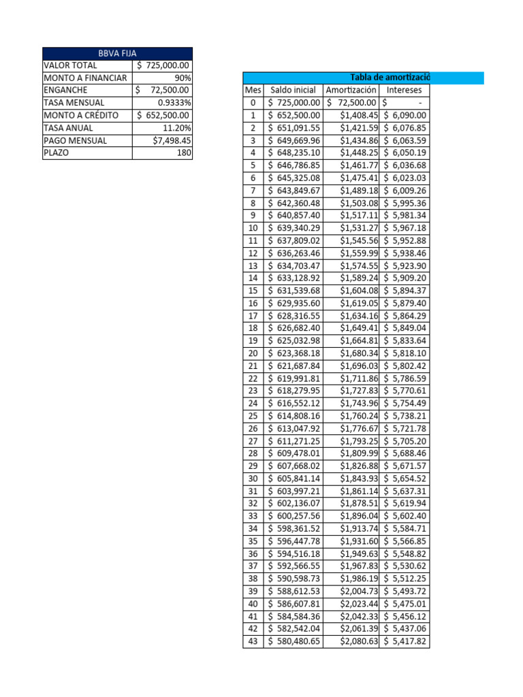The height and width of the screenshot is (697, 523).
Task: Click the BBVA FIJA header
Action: [x=117, y=53]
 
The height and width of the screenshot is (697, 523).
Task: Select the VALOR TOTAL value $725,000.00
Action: [x=163, y=65]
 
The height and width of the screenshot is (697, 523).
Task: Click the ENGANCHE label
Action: [x=65, y=90]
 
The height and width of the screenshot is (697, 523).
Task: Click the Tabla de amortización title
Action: [x=389, y=78]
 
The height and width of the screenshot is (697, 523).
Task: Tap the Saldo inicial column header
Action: [x=293, y=90]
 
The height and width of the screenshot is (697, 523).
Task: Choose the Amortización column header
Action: [x=351, y=90]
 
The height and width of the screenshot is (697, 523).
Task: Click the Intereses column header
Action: [x=404, y=90]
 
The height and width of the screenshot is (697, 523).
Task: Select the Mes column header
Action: [x=253, y=90]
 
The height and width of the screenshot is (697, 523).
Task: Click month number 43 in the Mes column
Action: [x=253, y=641]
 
